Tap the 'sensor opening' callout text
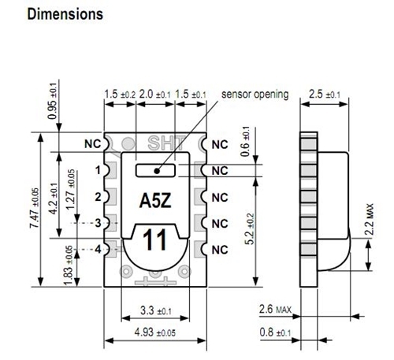coord(255,95)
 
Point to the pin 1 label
coord(98,170)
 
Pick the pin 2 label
coord(98,196)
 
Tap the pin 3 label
coord(98,223)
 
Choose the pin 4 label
coord(98,249)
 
